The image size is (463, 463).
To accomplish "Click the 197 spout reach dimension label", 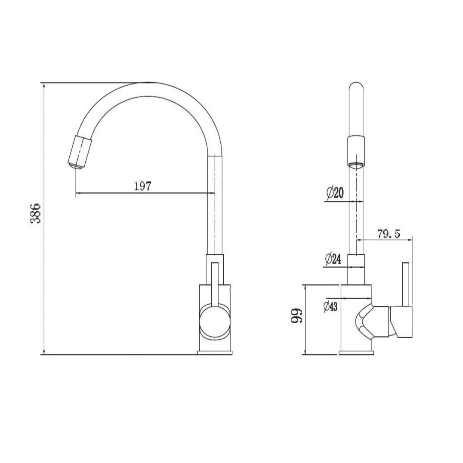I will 142,186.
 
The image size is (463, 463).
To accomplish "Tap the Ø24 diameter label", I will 333,259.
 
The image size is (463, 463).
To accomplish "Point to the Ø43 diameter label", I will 330,306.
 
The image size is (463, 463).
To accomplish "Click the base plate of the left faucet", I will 215,352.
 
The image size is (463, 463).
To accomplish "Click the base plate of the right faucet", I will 356,352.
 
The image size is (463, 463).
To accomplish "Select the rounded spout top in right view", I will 356,91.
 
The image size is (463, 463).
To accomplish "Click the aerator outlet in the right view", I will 356,166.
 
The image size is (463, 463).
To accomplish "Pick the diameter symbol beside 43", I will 325,306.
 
